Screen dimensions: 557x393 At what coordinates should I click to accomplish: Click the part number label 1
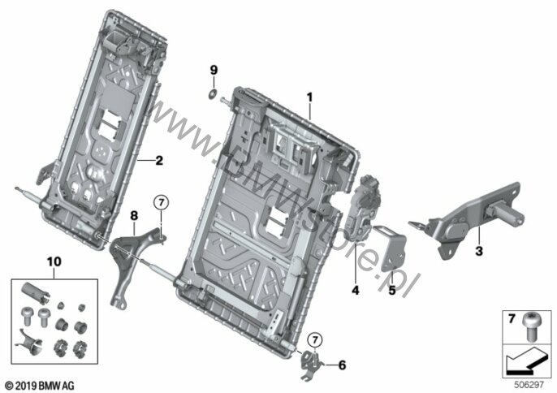tap(310, 97)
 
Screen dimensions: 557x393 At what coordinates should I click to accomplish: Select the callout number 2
tap(159, 161)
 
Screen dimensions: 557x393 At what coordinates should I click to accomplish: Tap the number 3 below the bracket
tap(479, 251)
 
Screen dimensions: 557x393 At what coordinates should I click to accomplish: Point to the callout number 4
tap(356, 291)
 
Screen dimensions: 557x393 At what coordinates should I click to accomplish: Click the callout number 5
tap(392, 291)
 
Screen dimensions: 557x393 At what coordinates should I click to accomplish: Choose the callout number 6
tap(342, 365)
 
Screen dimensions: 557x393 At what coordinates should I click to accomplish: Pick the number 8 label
tap(134, 216)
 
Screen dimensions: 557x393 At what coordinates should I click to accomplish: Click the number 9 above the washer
tap(214, 70)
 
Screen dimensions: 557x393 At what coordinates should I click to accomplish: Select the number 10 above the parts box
tap(54, 262)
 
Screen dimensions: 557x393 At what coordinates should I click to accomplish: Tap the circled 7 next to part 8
tap(162, 203)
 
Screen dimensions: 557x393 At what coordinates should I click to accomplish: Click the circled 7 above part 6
tap(315, 340)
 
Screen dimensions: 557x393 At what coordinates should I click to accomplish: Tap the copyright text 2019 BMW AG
tap(40, 385)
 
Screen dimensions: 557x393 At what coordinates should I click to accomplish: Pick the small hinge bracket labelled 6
tap(310, 365)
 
